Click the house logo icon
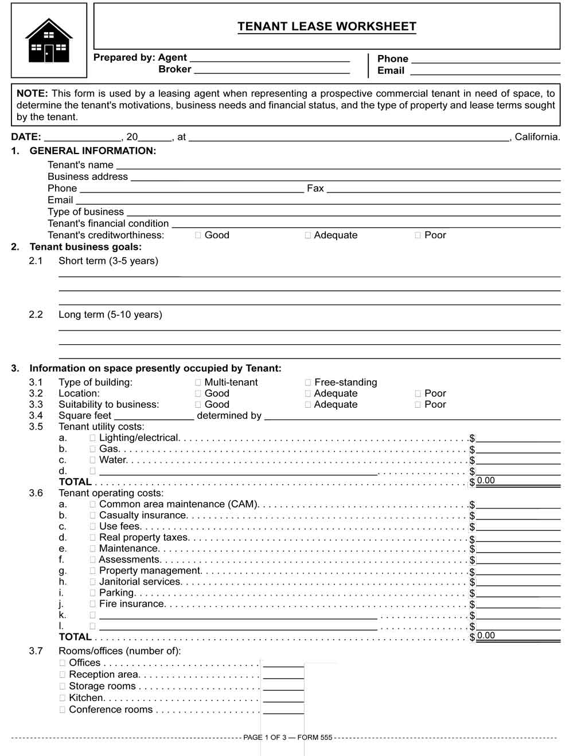click(x=49, y=41)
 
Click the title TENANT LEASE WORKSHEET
click(x=327, y=26)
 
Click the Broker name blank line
click(x=272, y=69)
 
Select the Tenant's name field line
click(x=338, y=165)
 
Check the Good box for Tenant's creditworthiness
click(x=198, y=235)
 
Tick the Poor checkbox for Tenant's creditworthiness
click(x=418, y=235)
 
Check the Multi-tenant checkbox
click(x=198, y=383)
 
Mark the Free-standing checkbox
click(x=308, y=383)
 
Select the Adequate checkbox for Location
click(x=308, y=393)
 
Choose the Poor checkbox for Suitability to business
click(x=418, y=404)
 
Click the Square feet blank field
click(x=154, y=416)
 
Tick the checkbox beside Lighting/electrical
click(x=93, y=438)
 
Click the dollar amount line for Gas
click(x=518, y=450)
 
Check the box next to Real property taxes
click(x=93, y=538)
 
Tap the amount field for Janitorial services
click(x=518, y=582)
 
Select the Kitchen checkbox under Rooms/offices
click(x=63, y=698)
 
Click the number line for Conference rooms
click(x=283, y=710)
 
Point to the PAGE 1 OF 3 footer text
click(x=288, y=738)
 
